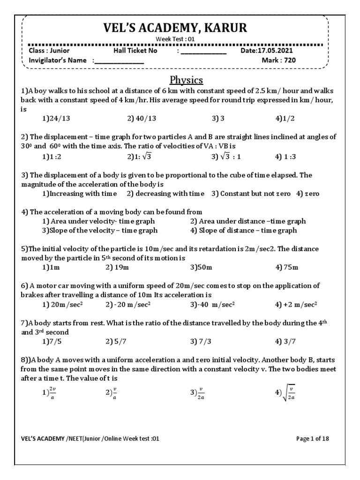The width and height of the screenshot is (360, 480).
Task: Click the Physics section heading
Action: (x=186, y=79)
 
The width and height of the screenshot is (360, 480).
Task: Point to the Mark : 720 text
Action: (x=279, y=60)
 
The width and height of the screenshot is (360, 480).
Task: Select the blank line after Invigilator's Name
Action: (x=120, y=61)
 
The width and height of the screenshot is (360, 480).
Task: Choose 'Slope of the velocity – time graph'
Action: (x=99, y=230)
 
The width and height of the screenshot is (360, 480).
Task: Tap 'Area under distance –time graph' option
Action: (x=248, y=221)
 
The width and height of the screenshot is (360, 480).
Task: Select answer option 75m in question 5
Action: (x=287, y=267)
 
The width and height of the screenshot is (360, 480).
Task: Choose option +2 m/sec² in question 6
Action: (x=296, y=304)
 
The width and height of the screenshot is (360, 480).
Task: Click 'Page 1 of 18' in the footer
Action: (x=313, y=439)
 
